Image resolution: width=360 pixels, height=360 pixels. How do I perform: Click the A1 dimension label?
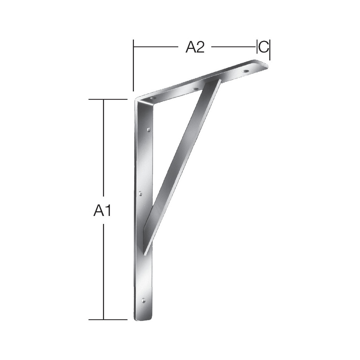click(102, 211)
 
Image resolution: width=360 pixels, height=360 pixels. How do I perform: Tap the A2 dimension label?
click(195, 47)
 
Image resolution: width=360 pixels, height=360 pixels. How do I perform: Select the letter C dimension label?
click(263, 47)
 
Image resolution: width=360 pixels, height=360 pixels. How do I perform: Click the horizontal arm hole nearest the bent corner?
click(152, 99)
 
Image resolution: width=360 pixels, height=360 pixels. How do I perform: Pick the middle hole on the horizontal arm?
click(195, 89)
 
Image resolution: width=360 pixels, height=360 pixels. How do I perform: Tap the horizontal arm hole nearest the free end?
click(246, 71)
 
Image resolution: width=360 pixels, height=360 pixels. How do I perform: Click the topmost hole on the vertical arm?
click(149, 130)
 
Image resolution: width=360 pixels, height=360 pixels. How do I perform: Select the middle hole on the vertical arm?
click(140, 194)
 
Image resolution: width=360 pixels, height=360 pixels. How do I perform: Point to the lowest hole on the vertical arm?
click(143, 300)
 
